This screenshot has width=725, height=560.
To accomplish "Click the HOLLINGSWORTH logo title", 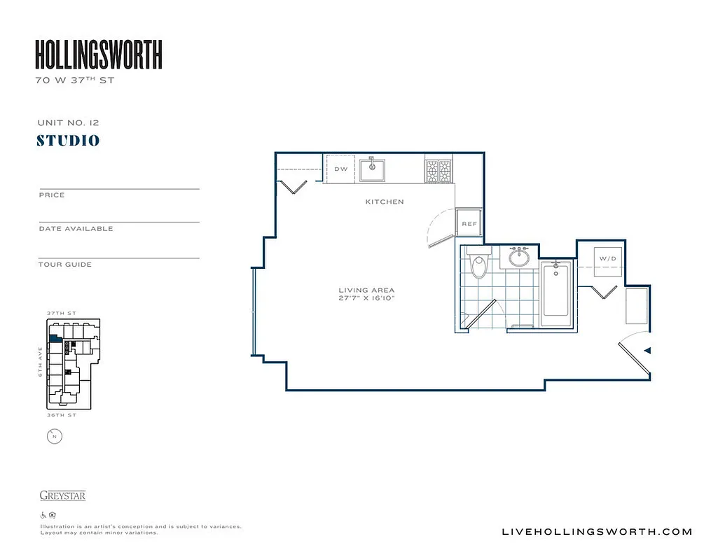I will (99, 55).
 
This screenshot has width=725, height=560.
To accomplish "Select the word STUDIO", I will (68, 141).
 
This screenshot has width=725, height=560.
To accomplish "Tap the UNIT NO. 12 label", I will (68, 122).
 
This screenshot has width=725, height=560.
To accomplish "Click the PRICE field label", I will (52, 195).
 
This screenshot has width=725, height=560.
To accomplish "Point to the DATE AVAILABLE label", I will (76, 229).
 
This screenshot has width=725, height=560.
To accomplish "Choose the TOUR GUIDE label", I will (65, 265).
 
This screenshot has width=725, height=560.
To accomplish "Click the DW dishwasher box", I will (341, 169).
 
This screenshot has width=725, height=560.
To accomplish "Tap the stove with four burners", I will (439, 171).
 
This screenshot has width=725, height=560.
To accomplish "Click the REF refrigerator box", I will (469, 223).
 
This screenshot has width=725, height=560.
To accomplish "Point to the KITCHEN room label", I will (385, 202).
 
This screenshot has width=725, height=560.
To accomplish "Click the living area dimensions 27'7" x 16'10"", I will (366, 299).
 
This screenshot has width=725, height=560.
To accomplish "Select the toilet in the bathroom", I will (479, 265).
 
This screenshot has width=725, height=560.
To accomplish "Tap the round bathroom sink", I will (519, 258).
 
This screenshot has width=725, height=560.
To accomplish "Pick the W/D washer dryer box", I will (607, 259).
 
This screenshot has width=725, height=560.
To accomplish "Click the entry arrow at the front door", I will (648, 350).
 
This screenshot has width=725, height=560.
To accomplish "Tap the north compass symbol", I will (54, 437).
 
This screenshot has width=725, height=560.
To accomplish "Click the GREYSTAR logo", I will (62, 496).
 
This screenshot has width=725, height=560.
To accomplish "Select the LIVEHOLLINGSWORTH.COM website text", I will (597, 531).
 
